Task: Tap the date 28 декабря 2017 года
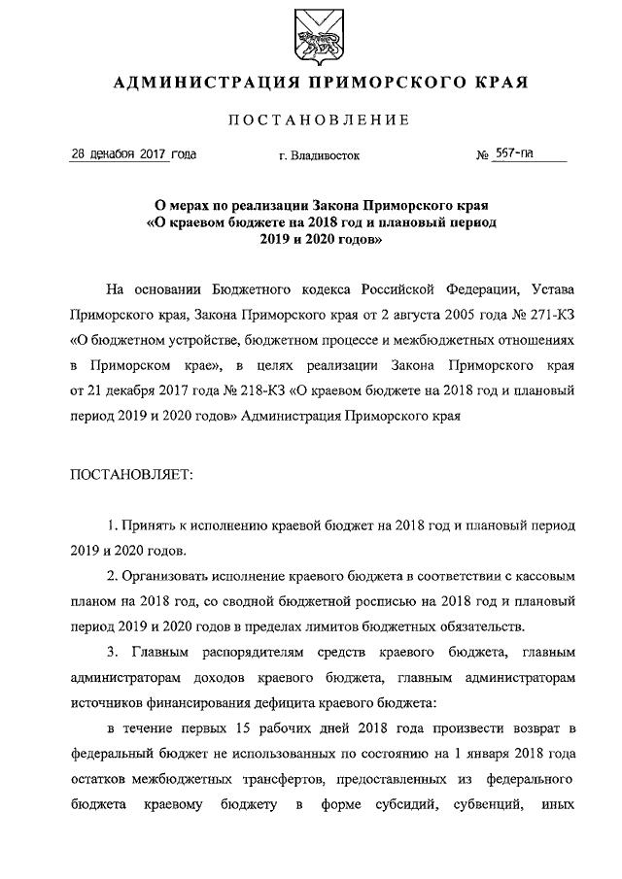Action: [x=133, y=154]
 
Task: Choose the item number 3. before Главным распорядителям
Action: [x=114, y=651]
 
